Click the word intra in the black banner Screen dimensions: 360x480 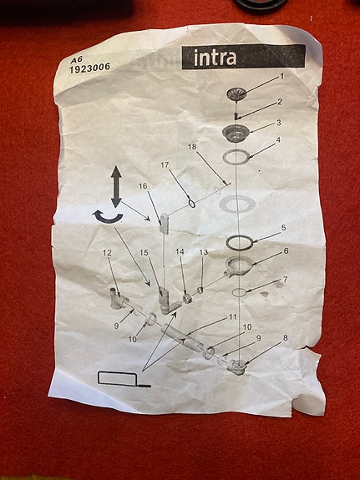pyautogui.click(x=215, y=58)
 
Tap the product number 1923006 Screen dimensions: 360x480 pyautogui.click(x=89, y=68)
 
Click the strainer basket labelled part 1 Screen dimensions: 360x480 pyautogui.click(x=236, y=94)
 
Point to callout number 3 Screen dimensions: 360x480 pyautogui.click(x=278, y=123)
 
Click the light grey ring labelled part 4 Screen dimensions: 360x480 pyautogui.click(x=236, y=157)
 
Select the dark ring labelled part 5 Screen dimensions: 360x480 pyautogui.click(x=239, y=243)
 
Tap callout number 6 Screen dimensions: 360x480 pyautogui.click(x=286, y=251)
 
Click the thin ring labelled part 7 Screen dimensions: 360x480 pyautogui.click(x=239, y=293)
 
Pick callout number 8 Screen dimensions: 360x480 pyautogui.click(x=286, y=338)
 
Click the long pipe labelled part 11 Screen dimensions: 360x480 pyautogui.click(x=182, y=337)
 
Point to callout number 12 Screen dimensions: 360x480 pyautogui.click(x=107, y=253)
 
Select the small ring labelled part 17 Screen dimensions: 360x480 pyautogui.click(x=192, y=203)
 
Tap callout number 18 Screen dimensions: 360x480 pyautogui.click(x=192, y=147)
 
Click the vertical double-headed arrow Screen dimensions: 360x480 pyautogui.click(x=116, y=187)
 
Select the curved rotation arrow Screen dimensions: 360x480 pyautogui.click(x=108, y=217)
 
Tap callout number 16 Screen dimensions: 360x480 pyautogui.click(x=143, y=186)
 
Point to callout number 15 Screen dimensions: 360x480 pyautogui.click(x=144, y=253)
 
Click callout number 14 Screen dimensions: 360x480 pyautogui.click(x=180, y=251)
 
